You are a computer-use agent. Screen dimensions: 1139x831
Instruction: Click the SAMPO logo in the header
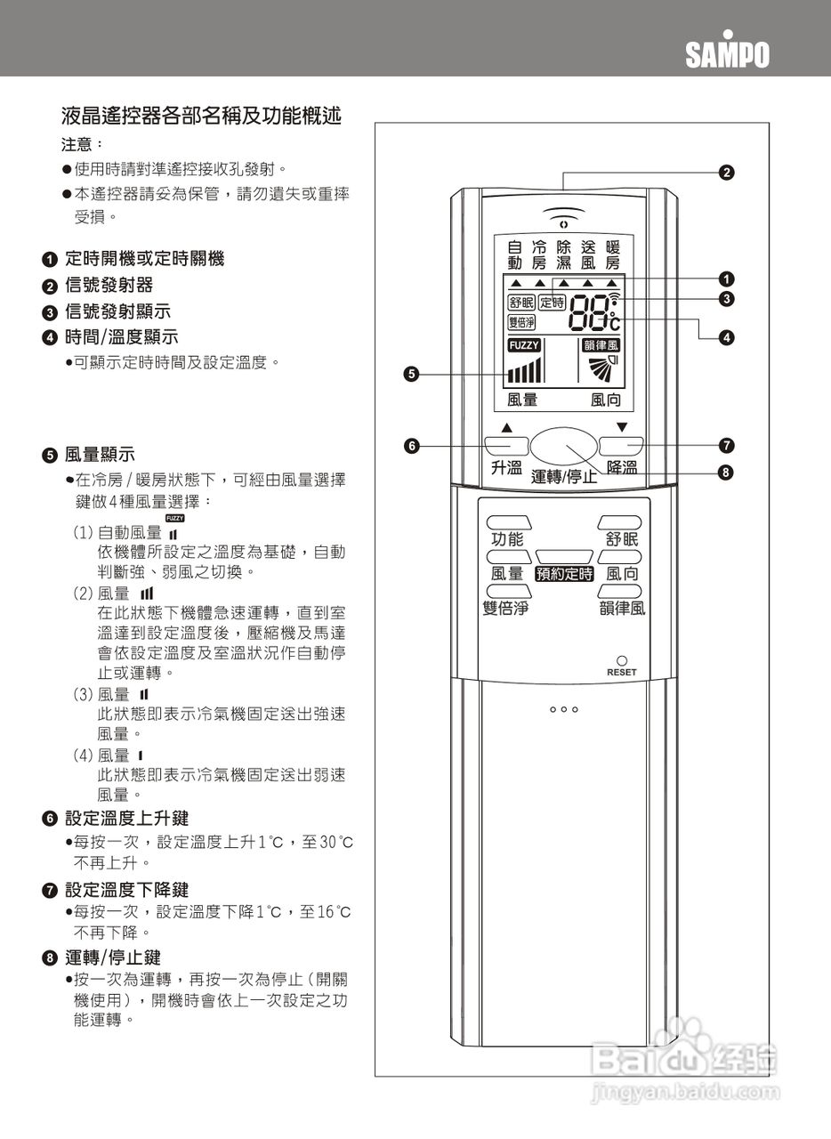point(727,54)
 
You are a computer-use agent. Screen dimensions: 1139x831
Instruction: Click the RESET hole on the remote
point(622,661)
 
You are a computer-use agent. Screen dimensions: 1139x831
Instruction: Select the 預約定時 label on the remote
point(564,574)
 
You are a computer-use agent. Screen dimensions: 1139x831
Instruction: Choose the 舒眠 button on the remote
point(619,522)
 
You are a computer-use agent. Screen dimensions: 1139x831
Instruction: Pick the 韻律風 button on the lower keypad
point(619,590)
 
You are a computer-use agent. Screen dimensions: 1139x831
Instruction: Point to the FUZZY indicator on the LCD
point(524,345)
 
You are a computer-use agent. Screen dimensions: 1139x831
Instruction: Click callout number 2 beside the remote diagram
point(727,172)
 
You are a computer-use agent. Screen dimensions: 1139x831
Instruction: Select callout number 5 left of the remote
point(410,374)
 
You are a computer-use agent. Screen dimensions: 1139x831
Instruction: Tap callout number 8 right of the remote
point(726,473)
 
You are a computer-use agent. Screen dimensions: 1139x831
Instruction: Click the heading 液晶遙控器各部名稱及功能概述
point(201,116)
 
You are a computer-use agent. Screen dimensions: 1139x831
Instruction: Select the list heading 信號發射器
point(109,285)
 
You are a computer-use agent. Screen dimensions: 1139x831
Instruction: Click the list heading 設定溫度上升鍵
point(126,818)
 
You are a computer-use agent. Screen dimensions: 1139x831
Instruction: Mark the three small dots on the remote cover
point(564,709)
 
